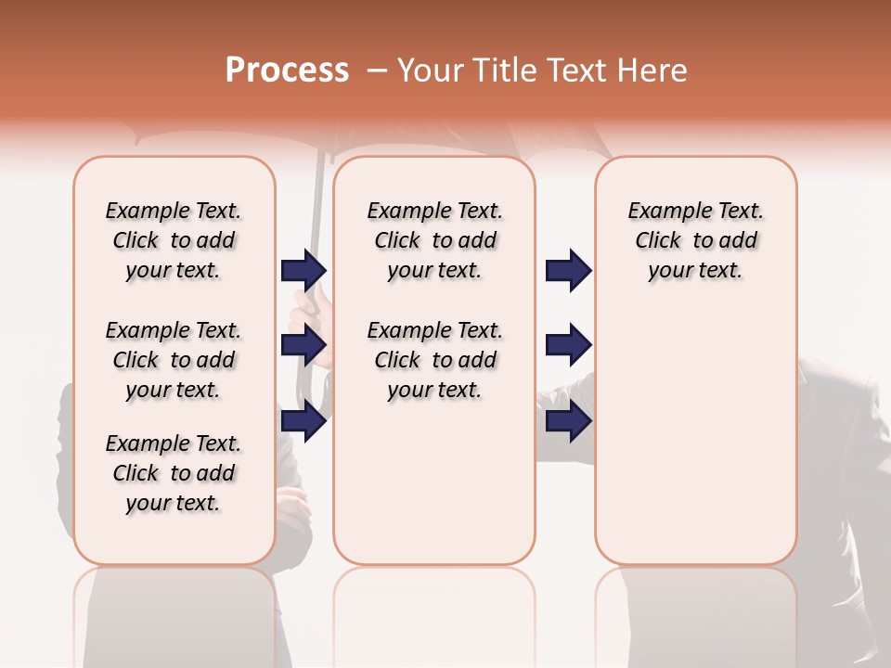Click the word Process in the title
coord(287,71)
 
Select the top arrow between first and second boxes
coord(303,270)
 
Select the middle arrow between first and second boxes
coord(303,345)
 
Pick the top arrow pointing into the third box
coord(568,270)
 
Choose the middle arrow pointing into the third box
coord(568,345)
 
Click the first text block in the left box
coord(174,240)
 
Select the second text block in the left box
coord(174,360)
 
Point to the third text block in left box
coord(174,473)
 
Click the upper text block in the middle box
coord(434,240)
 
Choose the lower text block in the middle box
coord(434,360)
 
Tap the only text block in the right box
coord(695,240)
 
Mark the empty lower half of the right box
coord(695,445)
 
